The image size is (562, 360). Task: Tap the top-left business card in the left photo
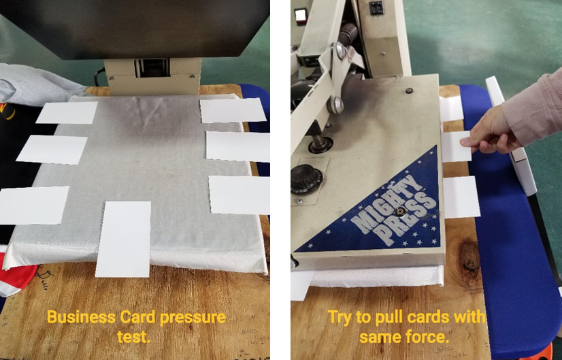pyautogui.click(x=67, y=112)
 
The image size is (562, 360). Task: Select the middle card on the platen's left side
pyautogui.click(x=52, y=149)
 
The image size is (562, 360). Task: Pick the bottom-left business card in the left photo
pyautogui.click(x=34, y=205)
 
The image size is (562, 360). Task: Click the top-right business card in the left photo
pyautogui.click(x=232, y=110)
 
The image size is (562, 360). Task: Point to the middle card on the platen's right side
pyautogui.click(x=238, y=146)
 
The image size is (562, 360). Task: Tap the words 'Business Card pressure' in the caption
pyautogui.click(x=136, y=317)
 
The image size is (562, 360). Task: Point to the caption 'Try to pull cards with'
pyautogui.click(x=407, y=317)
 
